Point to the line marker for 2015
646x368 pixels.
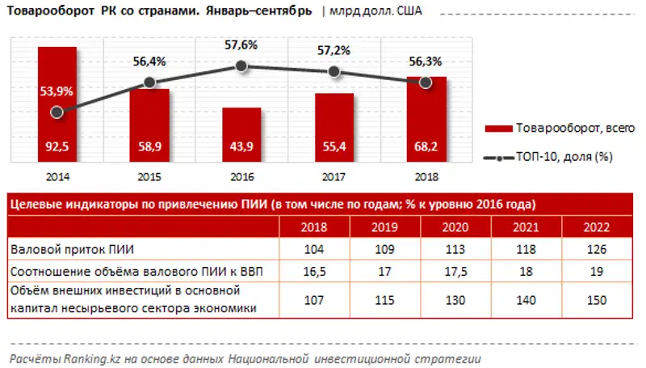(149, 82)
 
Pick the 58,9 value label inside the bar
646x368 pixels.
(149, 146)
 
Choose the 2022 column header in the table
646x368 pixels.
(595, 226)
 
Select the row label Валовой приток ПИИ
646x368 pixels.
(65, 248)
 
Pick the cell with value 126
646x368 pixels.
(595, 248)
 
